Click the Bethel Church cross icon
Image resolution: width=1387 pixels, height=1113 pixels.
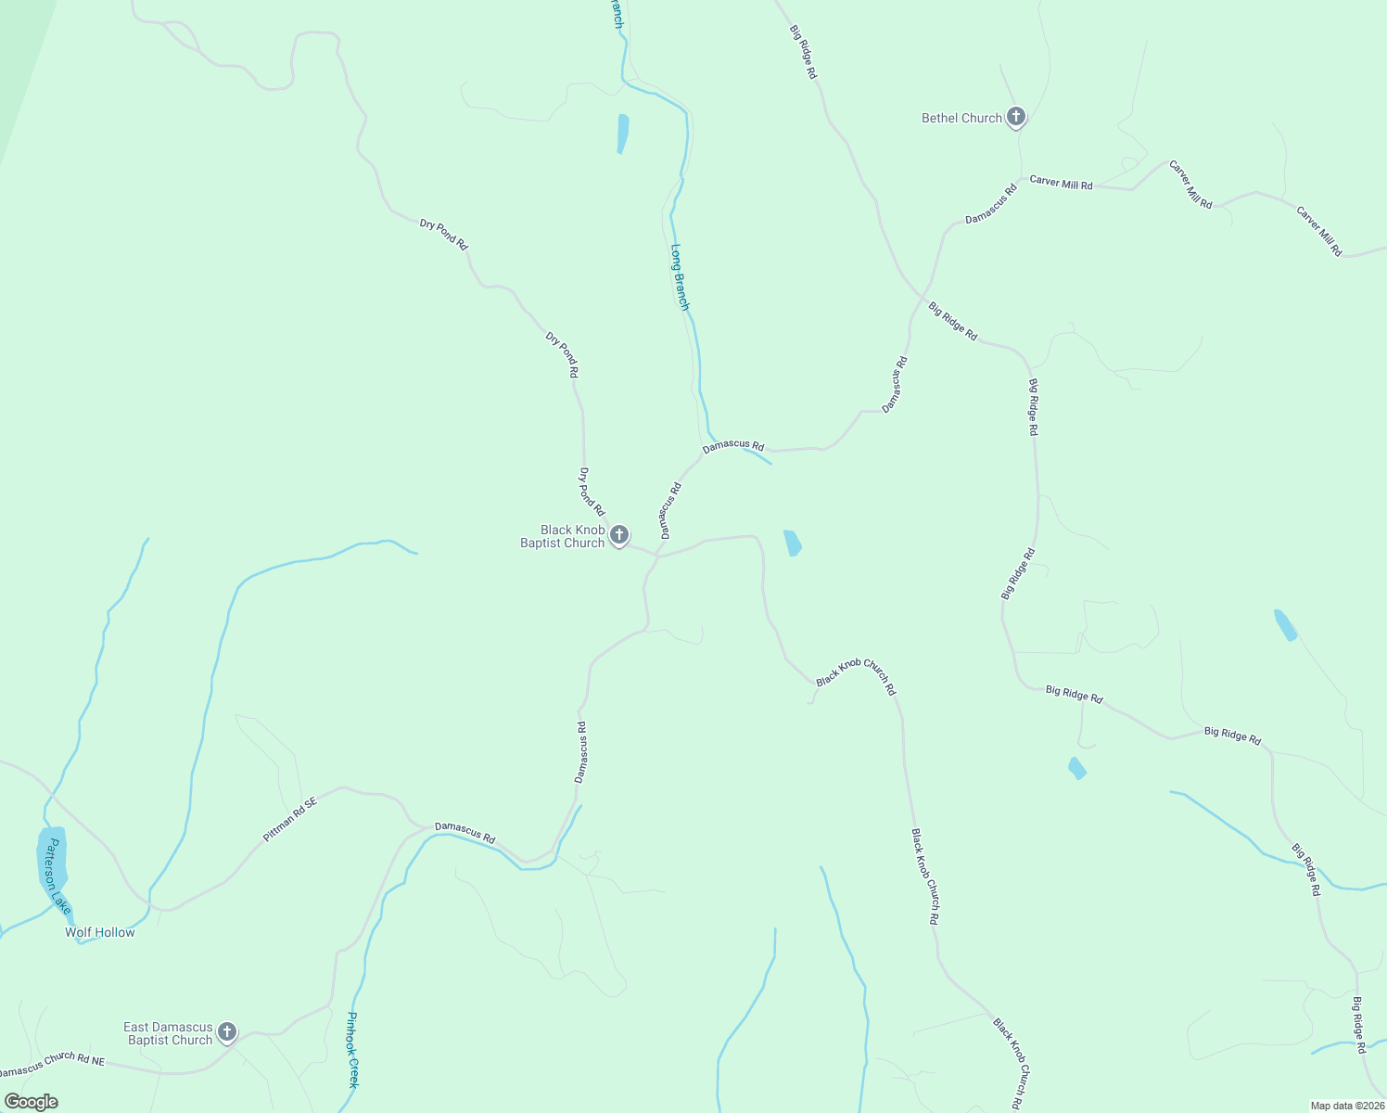[x=1016, y=117]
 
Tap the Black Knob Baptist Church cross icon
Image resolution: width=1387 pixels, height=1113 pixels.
[x=619, y=535]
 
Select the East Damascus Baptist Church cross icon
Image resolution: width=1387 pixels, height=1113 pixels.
[x=226, y=1031]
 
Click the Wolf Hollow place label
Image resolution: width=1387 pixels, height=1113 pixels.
[x=100, y=932]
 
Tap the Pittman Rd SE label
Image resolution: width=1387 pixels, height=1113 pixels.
[x=289, y=819]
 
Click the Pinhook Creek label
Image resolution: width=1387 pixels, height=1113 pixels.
[x=352, y=1049]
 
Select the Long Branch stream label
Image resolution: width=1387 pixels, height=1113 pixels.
[x=681, y=276]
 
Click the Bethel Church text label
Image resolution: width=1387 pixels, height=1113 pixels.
[x=961, y=118]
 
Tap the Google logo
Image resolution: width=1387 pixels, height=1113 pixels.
[x=31, y=1102]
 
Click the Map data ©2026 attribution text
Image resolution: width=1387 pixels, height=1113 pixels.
[x=1345, y=1106]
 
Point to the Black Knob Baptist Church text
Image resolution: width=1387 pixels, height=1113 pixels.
[x=563, y=536]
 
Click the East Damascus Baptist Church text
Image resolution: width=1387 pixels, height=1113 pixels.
[x=170, y=1033]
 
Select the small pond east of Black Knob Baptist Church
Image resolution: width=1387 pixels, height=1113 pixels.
[x=793, y=543]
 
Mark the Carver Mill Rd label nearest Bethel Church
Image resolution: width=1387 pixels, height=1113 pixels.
[x=1061, y=184]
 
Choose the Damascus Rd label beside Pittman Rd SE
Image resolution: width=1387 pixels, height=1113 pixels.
[x=464, y=832]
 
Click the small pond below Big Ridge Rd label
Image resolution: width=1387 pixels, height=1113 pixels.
[x=1076, y=768]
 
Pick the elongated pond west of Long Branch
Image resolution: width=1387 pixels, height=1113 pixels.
[x=623, y=133]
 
